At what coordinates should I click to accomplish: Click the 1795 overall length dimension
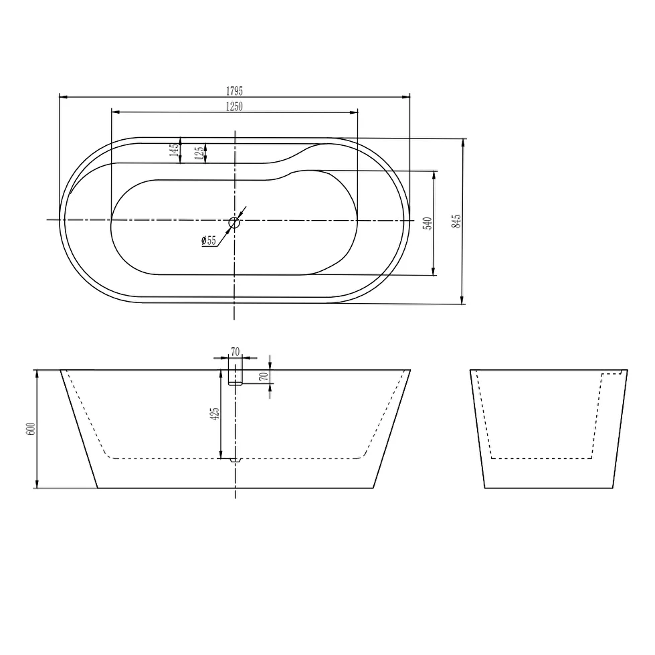tap(234, 90)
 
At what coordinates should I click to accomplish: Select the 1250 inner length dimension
tap(234, 106)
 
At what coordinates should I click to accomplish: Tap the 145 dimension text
tap(174, 150)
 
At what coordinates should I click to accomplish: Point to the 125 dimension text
tap(199, 152)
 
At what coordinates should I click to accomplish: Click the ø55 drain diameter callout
tap(209, 241)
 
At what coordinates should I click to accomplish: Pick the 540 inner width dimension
tap(428, 223)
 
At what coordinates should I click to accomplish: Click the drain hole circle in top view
tap(234, 223)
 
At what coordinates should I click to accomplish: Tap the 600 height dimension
tap(31, 429)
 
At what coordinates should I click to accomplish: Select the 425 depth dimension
tap(215, 414)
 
